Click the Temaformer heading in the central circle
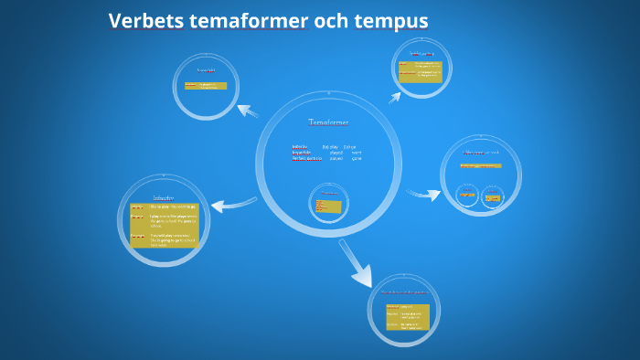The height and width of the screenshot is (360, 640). pos(328,122)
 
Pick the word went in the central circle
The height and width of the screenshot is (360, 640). pos(357,152)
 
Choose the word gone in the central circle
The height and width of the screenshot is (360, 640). pos(357,158)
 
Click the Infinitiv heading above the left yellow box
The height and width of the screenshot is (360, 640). pos(164,196)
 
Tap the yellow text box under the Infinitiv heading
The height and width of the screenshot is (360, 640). pos(164,225)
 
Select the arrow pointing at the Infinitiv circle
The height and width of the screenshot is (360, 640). pos(233,203)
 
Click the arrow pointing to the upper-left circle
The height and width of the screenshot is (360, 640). pos(248,111)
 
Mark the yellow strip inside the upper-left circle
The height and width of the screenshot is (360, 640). pos(206,85)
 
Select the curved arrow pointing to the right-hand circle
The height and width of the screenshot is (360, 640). pos(423,194)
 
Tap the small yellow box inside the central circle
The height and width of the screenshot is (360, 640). pos(328,206)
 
